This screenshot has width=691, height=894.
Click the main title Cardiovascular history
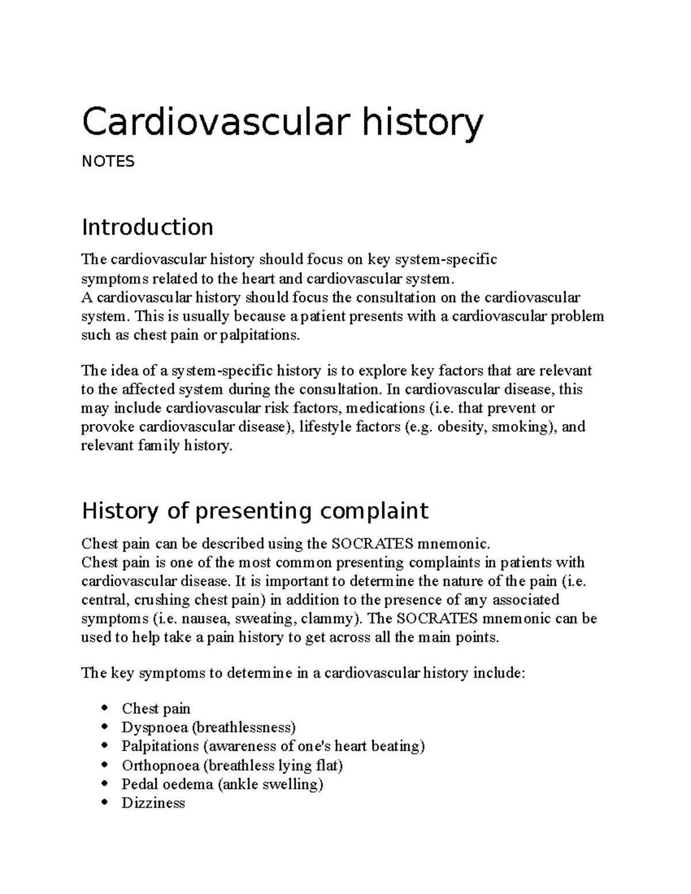[282, 123]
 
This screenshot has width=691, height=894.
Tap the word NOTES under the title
[108, 162]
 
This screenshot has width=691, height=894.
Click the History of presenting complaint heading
[255, 511]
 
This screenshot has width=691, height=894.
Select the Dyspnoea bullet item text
[208, 728]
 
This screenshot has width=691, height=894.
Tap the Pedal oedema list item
[222, 784]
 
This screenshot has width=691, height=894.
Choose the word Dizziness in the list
[153, 803]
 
